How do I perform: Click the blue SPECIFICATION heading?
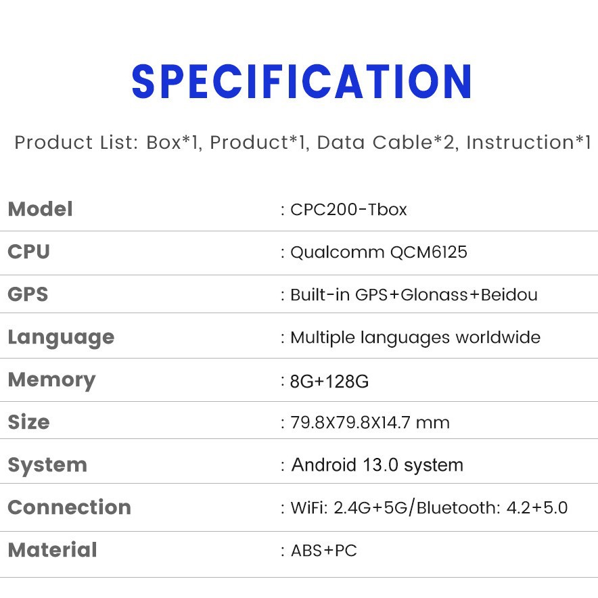(301, 81)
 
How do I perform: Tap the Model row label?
(41, 209)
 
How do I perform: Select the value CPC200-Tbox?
(348, 210)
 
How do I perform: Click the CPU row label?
(28, 252)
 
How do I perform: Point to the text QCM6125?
(429, 252)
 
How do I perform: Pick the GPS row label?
(28, 294)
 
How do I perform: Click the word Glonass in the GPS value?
(434, 295)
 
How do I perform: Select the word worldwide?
(498, 337)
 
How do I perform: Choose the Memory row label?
(51, 381)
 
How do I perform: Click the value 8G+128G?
(329, 382)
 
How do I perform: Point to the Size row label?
(28, 422)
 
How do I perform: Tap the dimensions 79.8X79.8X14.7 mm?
(370, 423)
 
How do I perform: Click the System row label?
(47, 465)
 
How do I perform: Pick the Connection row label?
(70, 507)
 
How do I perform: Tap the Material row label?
(53, 550)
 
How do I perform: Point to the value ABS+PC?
(324, 551)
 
